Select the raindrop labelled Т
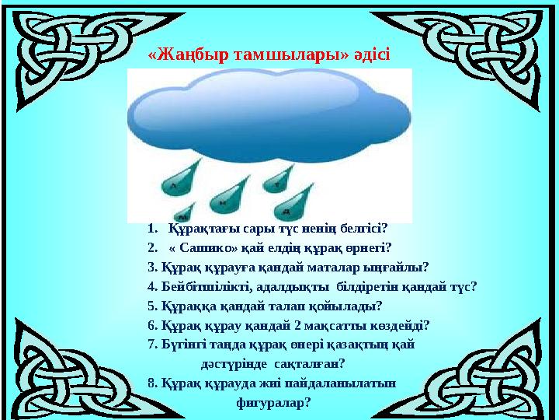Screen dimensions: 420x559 pos(280,181)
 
